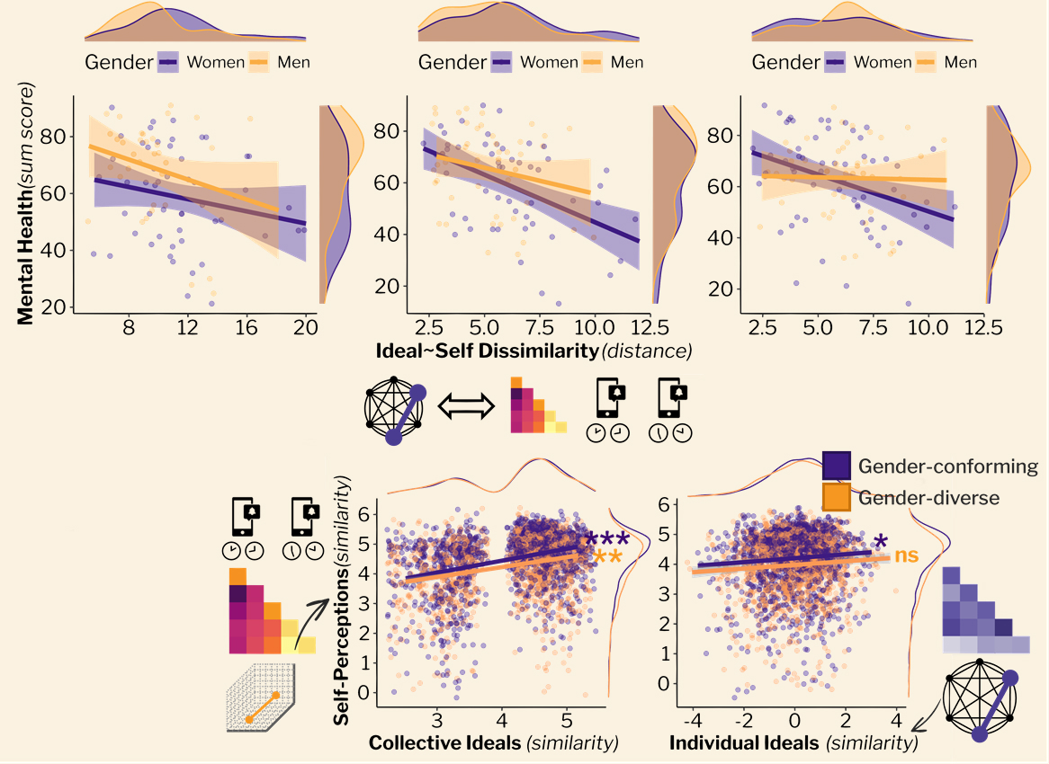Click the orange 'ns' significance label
pos(906,555)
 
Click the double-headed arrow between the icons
pos(466,407)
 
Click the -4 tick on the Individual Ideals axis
pos(693,722)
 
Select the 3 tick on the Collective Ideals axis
pos(436,722)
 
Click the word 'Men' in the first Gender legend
pos(293,63)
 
